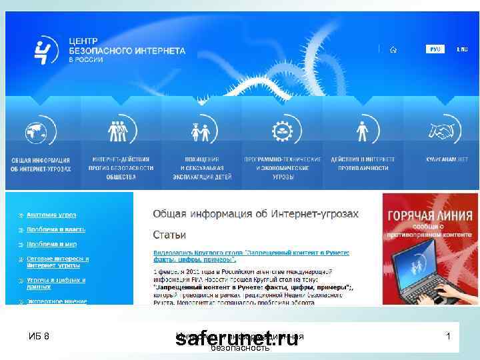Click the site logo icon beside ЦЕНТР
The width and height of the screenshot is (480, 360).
46,50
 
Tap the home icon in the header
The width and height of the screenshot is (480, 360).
394,49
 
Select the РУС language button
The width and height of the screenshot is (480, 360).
435,49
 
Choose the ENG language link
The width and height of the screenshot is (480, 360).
462,49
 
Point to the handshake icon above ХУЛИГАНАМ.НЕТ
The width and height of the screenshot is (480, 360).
442,131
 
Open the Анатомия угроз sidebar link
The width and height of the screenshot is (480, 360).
51,215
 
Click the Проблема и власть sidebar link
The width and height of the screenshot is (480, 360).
56,229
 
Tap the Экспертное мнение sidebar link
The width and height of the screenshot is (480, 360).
57,301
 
